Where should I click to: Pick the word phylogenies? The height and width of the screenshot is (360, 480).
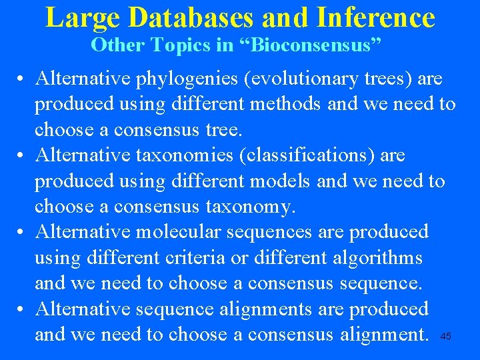(x=189, y=79)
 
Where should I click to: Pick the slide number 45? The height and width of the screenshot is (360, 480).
(x=446, y=337)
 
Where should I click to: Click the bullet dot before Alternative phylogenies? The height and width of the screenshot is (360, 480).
(x=22, y=79)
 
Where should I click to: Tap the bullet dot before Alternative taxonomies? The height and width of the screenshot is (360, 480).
(x=22, y=156)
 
